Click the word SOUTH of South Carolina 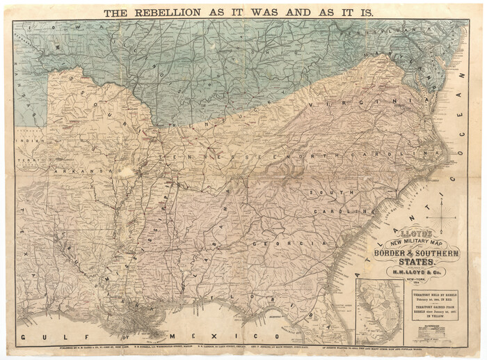326,193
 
